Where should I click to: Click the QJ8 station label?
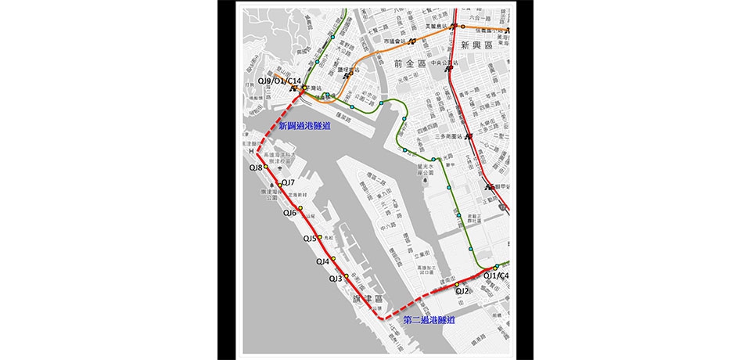pyautogui.click(x=256, y=167)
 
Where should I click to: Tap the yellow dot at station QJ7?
pyautogui.click(x=280, y=185)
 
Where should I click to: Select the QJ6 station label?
pyautogui.click(x=289, y=213)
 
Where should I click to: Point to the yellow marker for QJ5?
pyautogui.click(x=320, y=237)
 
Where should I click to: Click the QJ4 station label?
pyautogui.click(x=322, y=261)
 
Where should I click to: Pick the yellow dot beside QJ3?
pyautogui.click(x=347, y=276)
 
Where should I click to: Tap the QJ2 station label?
pyautogui.click(x=462, y=291)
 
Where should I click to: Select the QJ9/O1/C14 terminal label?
pyautogui.click(x=279, y=81)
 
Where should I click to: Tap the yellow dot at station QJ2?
pyautogui.click(x=468, y=285)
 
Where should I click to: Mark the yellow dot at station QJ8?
pyautogui.click(x=266, y=167)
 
